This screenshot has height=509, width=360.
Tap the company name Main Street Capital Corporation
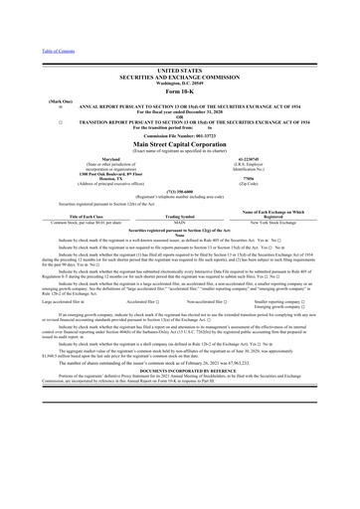click(179, 143)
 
